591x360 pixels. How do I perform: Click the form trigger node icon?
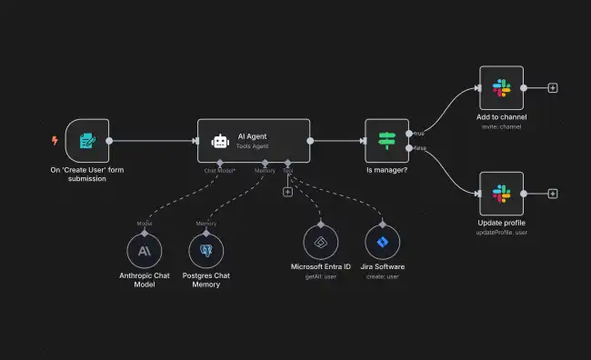click(87, 141)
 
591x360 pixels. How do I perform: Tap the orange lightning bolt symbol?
click(55, 141)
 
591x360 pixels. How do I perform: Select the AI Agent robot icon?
click(219, 141)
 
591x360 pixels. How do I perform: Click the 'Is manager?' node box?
click(387, 141)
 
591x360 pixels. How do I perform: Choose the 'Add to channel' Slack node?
click(501, 88)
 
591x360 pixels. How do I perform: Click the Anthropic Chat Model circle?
click(144, 248)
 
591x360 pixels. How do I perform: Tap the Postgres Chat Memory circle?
click(205, 248)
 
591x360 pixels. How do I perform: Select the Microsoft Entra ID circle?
click(320, 243)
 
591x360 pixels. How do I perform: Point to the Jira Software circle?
click(384, 243)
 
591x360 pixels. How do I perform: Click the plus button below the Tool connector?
click(287, 192)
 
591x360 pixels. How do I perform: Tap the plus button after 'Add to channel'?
click(553, 88)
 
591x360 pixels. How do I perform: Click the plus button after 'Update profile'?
click(553, 194)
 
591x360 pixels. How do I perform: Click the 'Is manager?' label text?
click(387, 170)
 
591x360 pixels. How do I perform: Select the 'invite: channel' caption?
click(501, 126)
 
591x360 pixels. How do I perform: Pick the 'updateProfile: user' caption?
click(501, 232)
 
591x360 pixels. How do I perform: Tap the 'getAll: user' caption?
click(320, 275)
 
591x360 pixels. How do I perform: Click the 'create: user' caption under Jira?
click(384, 275)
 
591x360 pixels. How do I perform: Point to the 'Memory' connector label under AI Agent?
click(265, 170)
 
